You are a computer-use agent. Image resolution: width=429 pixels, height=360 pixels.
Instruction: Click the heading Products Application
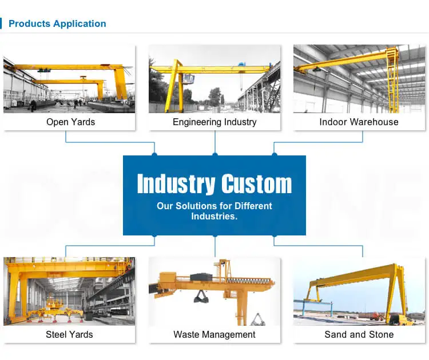tap(57, 24)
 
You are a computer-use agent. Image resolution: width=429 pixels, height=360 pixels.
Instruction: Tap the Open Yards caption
tap(71, 122)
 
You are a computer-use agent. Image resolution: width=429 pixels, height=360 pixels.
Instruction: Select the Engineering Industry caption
tap(214, 122)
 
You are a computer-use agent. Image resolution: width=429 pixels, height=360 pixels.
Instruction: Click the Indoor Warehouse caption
tap(359, 122)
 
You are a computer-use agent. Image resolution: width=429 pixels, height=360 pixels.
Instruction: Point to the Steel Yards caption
tap(69, 334)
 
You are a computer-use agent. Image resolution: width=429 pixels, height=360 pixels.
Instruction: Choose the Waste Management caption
tap(214, 334)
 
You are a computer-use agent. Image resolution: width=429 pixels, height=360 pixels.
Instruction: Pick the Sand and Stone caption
tap(359, 334)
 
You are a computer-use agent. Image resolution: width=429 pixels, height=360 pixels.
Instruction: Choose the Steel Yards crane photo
tap(69, 291)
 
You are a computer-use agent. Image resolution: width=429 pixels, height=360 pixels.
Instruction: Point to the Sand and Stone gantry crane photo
tap(359, 291)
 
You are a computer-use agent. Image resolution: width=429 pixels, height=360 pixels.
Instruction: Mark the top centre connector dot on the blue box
tap(215, 155)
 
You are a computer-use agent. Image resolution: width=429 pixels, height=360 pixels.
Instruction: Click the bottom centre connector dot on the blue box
tap(215, 235)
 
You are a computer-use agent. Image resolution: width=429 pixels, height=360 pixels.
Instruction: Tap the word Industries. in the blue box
tap(214, 217)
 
